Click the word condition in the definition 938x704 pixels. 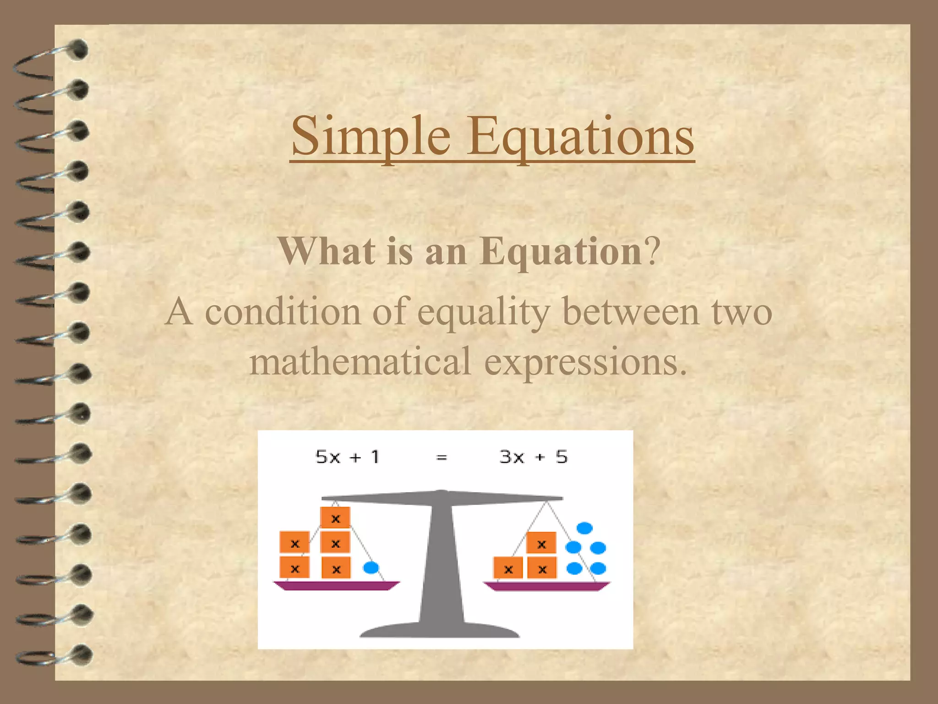(x=282, y=312)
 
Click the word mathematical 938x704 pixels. (x=360, y=361)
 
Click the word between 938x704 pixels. (x=631, y=312)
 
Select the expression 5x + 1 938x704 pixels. (x=348, y=457)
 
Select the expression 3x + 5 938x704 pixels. (x=533, y=457)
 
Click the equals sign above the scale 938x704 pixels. (x=442, y=457)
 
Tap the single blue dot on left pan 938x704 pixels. (x=371, y=568)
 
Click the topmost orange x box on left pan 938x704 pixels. (x=336, y=518)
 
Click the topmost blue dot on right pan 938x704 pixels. (x=584, y=528)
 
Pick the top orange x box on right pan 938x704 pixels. (x=541, y=544)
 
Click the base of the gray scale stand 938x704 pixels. (x=440, y=630)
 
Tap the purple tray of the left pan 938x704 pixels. (x=336, y=585)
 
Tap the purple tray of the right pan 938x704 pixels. (x=546, y=586)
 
